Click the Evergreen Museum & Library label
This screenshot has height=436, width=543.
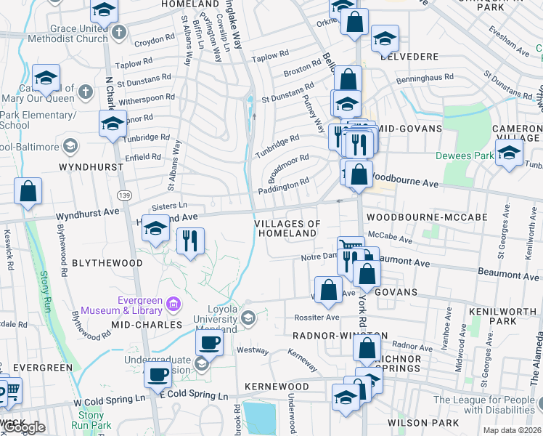tap(140, 307)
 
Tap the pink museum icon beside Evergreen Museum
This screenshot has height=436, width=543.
tap(173, 302)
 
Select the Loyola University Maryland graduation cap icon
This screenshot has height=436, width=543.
tap(248, 318)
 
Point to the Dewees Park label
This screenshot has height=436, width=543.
tap(464, 155)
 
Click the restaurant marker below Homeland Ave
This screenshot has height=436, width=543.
tap(190, 240)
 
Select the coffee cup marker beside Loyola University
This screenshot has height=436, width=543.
tap(209, 342)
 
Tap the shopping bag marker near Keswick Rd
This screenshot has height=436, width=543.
tap(28, 193)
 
